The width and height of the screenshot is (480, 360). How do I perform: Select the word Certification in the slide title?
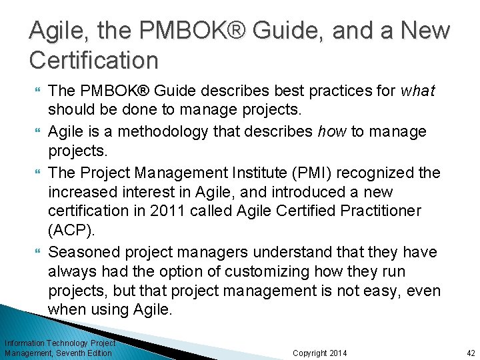click(x=94, y=61)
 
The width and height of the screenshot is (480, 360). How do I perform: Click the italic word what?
click(x=418, y=91)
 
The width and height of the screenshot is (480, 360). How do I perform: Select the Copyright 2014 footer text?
click(x=319, y=353)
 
